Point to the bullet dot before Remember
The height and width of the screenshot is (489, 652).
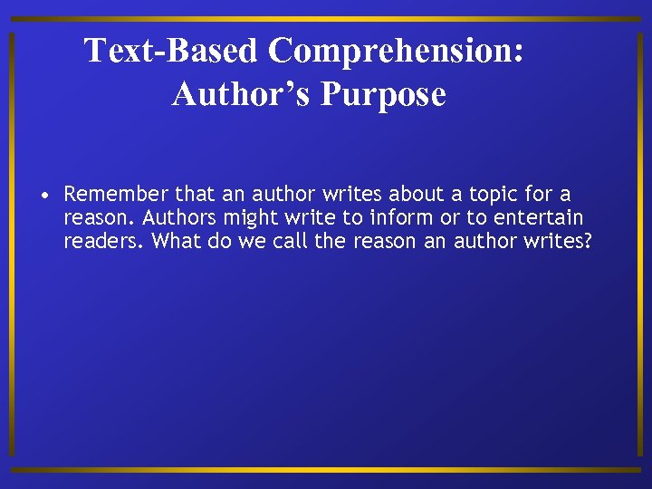(x=44, y=195)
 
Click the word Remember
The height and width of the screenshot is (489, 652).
(x=116, y=194)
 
